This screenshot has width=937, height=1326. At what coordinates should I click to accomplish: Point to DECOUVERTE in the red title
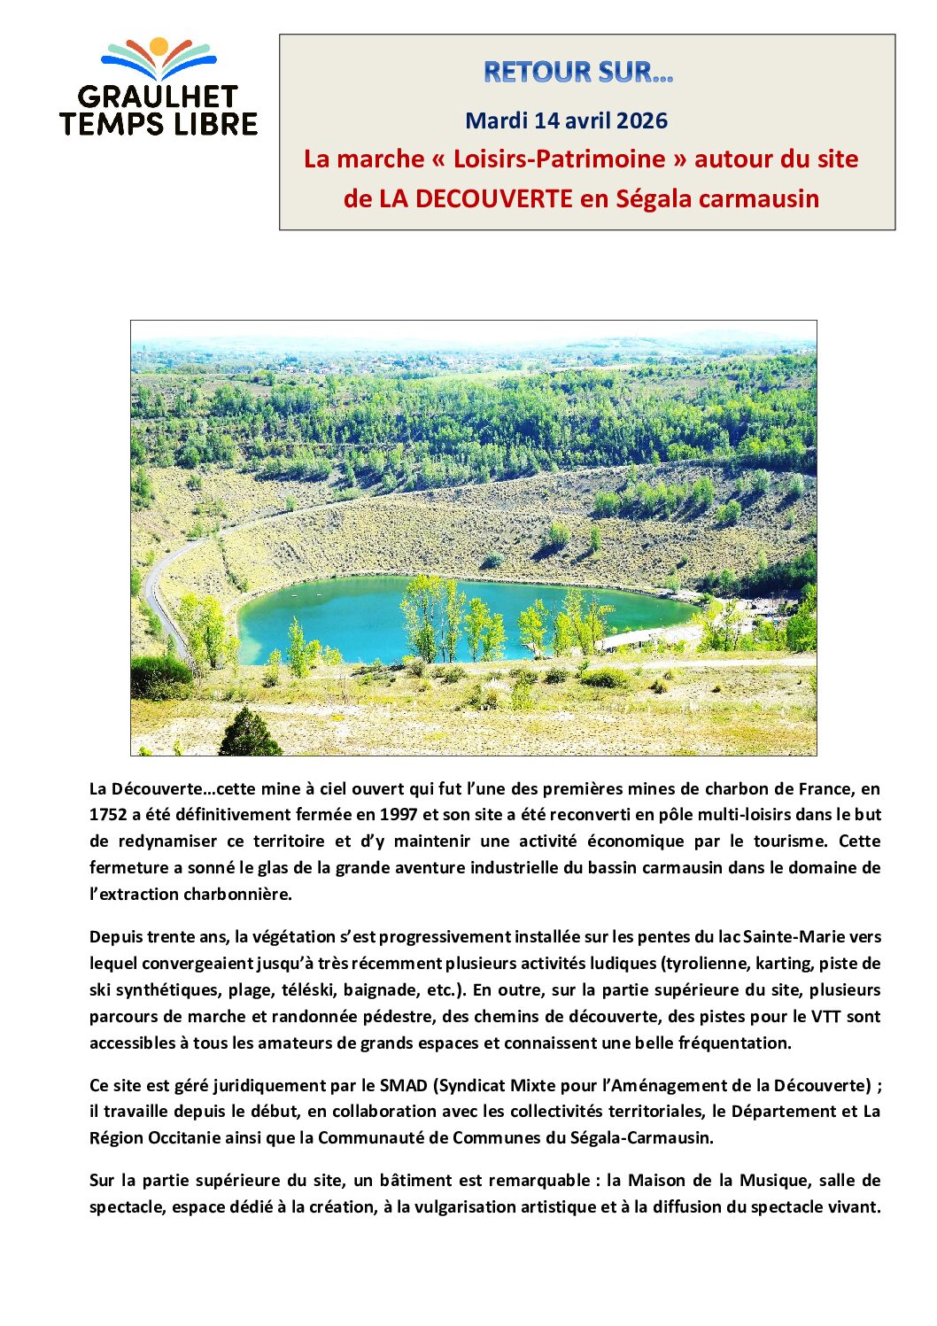click(x=476, y=198)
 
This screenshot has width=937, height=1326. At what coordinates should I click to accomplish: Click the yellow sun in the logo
click(x=159, y=46)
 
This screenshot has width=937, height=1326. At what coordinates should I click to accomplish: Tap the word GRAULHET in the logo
click(x=158, y=97)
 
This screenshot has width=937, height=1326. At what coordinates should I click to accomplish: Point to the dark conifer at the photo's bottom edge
click(x=250, y=734)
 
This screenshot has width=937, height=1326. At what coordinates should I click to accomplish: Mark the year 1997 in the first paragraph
click(x=399, y=815)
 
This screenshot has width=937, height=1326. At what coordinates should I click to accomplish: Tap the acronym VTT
click(x=820, y=1016)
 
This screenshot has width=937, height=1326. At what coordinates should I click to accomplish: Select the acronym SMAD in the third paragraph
click(x=403, y=1085)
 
